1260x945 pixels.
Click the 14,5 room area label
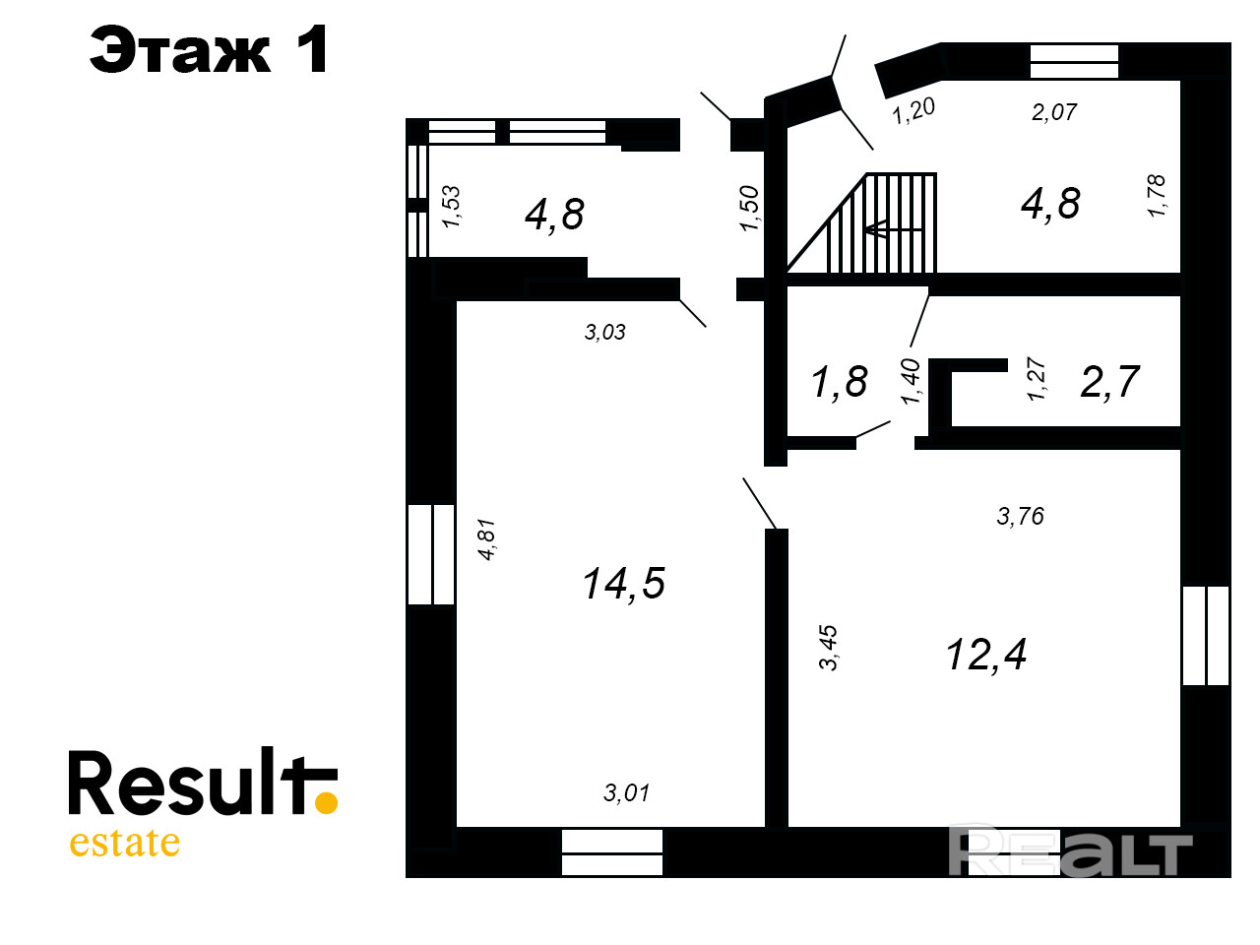coord(623,584)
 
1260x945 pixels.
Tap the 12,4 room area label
coord(985,655)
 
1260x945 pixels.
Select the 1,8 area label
coord(839,382)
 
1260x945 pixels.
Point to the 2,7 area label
coord(1109,381)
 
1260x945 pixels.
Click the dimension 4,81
coord(486,539)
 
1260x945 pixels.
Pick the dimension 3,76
coord(1020,516)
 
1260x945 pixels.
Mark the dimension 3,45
coord(829,647)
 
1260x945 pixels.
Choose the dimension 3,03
coord(604,333)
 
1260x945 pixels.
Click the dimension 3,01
coord(626,792)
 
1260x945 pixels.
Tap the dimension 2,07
coord(1053,112)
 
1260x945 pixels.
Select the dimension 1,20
coord(913,110)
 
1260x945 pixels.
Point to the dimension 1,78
coord(1157,196)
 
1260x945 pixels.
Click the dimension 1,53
coord(451,207)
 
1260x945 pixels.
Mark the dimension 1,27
coord(1036,379)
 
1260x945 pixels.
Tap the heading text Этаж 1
coord(209,50)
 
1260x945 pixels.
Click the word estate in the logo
coord(124,843)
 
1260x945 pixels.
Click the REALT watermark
coord(1070,852)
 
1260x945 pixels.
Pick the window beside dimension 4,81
coord(431,554)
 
